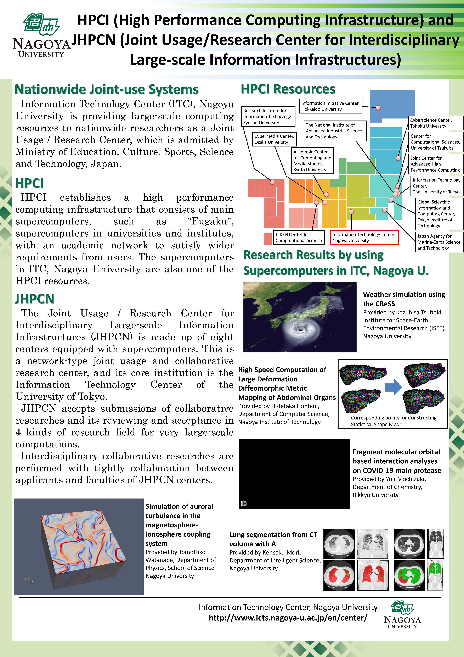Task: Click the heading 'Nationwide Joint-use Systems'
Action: tap(106, 89)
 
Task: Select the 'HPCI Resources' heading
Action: tap(288, 89)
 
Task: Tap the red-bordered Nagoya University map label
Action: tap(364, 238)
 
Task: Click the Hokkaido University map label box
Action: tap(330, 106)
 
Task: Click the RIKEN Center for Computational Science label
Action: tap(299, 238)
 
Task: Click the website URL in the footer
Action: tap(288, 618)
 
